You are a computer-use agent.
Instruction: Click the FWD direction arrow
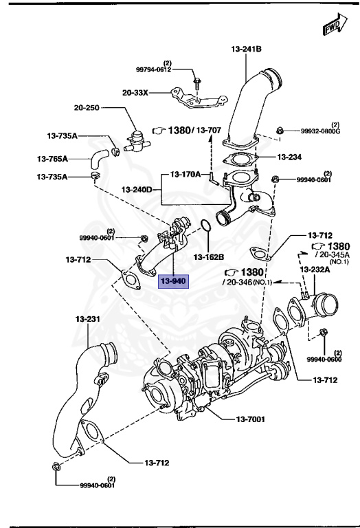(x=335, y=25)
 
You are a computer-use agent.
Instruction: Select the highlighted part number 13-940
(x=173, y=281)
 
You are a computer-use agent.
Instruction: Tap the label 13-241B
(x=246, y=49)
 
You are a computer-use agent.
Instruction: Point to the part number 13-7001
(x=250, y=419)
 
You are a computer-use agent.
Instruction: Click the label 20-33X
(x=135, y=92)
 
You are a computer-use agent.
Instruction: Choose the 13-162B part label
(x=209, y=257)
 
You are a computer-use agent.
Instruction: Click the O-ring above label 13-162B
(x=205, y=225)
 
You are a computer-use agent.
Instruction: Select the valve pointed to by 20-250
(x=136, y=142)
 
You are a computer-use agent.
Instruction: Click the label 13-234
(x=289, y=157)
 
